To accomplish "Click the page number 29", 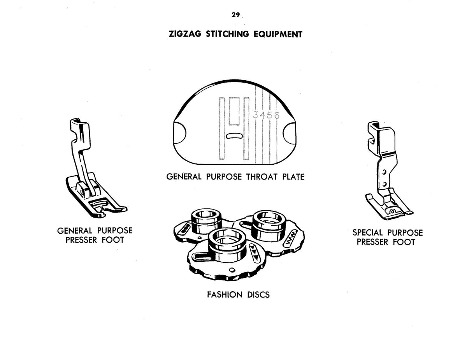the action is pos(235,15).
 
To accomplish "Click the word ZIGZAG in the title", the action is pos(185,34).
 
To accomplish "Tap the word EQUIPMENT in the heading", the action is pos(278,34).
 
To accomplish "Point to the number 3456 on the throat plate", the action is pos(266,115).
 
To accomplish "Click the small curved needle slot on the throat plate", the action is pos(234,136).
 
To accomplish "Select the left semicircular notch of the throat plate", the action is pos(180,133).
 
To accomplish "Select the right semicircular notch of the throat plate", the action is pos(289,133).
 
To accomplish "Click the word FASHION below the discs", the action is pos(225,295).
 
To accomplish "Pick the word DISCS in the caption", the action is pos(258,295).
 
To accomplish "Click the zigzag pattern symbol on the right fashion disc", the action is pos(291,238).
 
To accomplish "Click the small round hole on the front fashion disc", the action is pos(232,269).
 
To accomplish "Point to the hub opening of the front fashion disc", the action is pos(227,238).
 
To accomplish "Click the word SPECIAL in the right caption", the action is pos(367,233).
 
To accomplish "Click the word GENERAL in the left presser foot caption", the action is pos(75,231).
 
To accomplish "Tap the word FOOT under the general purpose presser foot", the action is pos(113,240).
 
